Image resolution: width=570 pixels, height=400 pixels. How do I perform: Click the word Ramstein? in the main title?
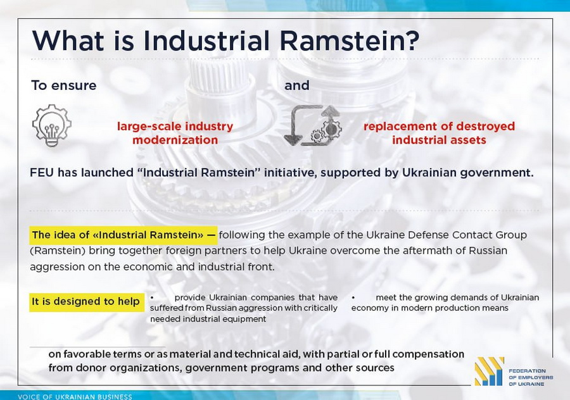[350, 40]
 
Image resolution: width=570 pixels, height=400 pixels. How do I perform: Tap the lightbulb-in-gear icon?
[52, 125]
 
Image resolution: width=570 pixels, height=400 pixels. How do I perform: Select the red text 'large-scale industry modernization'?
[175, 133]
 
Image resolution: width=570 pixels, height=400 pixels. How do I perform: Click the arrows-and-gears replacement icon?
[312, 125]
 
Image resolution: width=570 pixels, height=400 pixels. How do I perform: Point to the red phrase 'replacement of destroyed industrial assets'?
[439, 133]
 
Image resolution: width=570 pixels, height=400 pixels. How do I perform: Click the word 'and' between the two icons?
[296, 85]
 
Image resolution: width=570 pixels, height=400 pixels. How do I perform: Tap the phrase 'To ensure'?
[64, 85]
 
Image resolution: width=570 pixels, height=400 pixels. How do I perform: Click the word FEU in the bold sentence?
[42, 172]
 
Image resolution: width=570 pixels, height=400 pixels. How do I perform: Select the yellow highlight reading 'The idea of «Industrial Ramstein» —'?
[123, 235]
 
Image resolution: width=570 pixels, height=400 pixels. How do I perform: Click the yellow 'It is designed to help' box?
[87, 302]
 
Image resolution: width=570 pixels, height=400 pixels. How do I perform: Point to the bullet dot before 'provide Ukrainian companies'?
[152, 298]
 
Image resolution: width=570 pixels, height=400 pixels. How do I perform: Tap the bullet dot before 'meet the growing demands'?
[353, 298]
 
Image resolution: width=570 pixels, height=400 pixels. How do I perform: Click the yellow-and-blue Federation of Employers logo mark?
[490, 371]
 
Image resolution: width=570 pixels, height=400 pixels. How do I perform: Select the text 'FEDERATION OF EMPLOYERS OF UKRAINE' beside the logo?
[531, 377]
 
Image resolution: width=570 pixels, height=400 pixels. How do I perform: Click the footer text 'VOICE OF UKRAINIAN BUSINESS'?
[75, 397]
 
